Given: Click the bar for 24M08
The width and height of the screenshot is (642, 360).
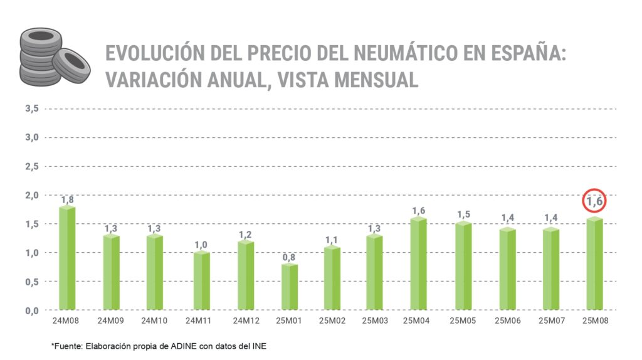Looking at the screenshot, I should tap(67, 258).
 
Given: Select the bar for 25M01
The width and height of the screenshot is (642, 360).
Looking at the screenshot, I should tap(290, 287).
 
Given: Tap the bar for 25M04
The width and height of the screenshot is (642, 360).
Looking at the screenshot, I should tap(418, 264).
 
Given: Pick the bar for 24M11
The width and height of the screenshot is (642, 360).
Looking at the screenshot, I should tap(201, 281).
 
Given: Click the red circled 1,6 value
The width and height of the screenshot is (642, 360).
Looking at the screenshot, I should tap(594, 202).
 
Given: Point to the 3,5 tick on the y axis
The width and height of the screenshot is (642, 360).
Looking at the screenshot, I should tap(32, 109).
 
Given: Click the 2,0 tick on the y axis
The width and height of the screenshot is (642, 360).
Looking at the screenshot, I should tap(32, 195).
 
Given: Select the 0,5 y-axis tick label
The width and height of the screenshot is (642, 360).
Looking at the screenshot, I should tap(32, 282).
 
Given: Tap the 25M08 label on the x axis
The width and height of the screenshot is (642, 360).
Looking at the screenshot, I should tap(594, 320).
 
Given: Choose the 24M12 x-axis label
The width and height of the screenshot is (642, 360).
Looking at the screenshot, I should tap(245, 320).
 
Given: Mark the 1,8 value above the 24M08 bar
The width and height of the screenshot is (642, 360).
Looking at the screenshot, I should tap(67, 200).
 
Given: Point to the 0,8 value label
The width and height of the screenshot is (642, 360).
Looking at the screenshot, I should tap(290, 258).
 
